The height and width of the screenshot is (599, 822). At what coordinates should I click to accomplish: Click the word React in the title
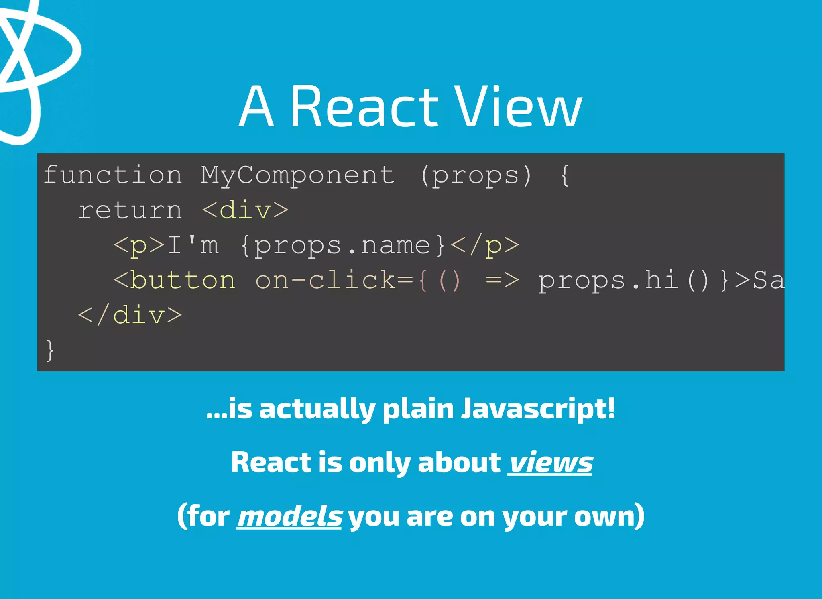[x=364, y=107]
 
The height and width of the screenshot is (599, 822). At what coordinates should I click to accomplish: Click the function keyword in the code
[x=113, y=175]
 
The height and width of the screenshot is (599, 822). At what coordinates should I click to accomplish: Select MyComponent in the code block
[x=297, y=175]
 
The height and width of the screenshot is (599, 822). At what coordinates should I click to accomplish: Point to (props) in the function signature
[x=476, y=175]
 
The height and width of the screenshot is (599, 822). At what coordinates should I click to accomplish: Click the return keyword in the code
[x=130, y=210]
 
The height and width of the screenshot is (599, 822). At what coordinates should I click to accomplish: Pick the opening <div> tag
[x=245, y=210]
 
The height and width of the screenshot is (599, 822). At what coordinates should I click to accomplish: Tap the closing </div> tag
[x=130, y=315]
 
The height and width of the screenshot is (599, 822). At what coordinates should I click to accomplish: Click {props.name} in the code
[x=343, y=245]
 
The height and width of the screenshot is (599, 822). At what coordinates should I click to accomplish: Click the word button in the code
[x=183, y=280]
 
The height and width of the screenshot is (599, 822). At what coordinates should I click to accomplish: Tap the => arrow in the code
[x=502, y=280]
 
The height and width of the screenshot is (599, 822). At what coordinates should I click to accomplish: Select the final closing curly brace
[x=50, y=350]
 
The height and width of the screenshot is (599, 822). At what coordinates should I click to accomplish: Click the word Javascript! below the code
[x=538, y=409]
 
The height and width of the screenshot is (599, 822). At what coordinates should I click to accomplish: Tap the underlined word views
[x=550, y=463]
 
